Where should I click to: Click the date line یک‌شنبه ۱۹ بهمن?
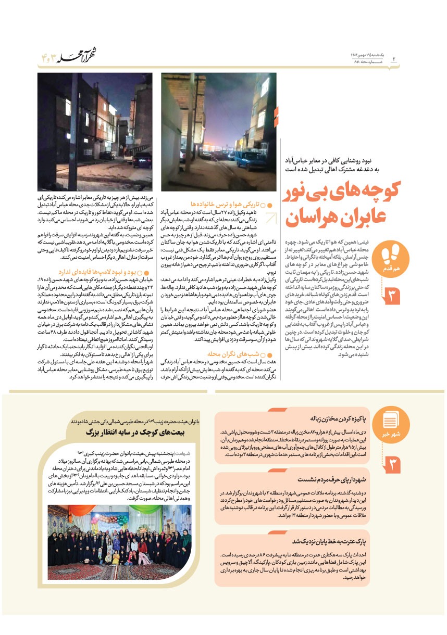367,55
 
